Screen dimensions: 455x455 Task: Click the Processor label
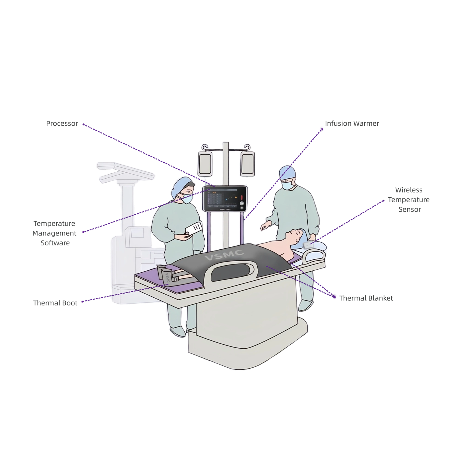pos(62,124)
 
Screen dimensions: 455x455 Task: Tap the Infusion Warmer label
pos(352,124)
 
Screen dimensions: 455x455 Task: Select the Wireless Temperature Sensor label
pos(409,200)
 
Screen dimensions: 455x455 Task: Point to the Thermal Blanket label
pos(366,298)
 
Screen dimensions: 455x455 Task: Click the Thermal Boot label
pos(55,303)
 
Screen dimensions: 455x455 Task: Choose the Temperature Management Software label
pos(54,233)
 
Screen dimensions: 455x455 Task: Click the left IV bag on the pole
pos(205,164)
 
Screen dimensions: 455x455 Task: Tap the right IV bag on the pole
pos(247,164)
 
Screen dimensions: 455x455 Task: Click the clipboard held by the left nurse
pos(194,228)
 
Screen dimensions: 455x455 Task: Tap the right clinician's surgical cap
pos(287,172)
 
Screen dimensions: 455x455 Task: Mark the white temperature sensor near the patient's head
pos(308,245)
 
